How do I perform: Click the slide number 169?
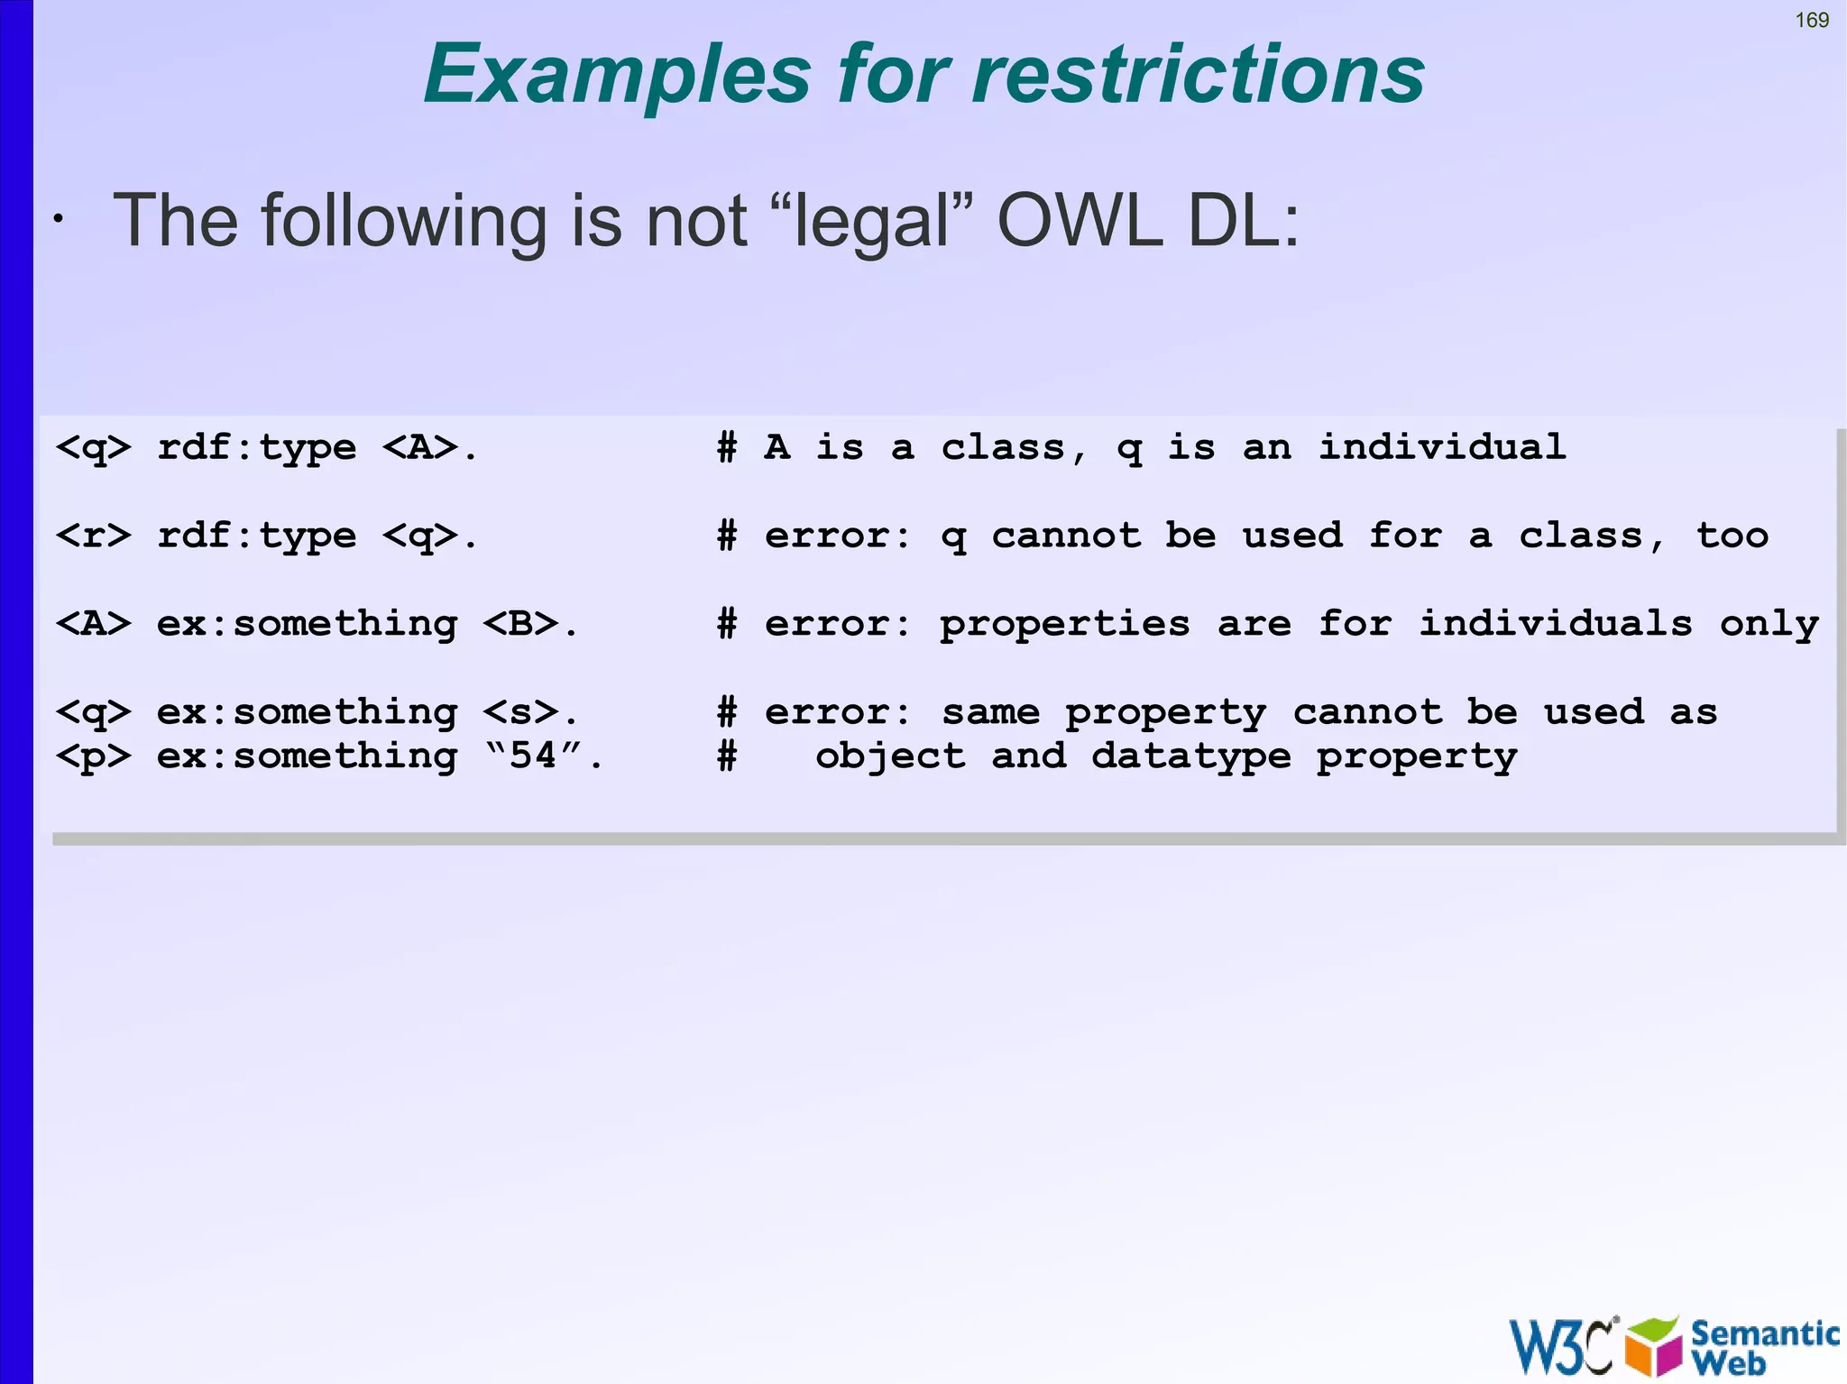pyautogui.click(x=1811, y=21)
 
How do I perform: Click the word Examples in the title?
pyautogui.click(x=618, y=76)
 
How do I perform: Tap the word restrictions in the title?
pyautogui.click(x=1199, y=74)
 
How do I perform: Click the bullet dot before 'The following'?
pyautogui.click(x=58, y=219)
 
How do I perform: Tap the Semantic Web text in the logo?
pyautogui.click(x=1764, y=1346)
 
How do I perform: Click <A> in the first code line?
pyautogui.click(x=420, y=447)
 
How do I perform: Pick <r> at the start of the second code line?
pyautogui.click(x=93, y=536)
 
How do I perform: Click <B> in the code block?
pyautogui.click(x=520, y=623)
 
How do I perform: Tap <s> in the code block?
pyautogui.click(x=520, y=712)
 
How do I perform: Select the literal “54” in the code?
pyautogui.click(x=533, y=755)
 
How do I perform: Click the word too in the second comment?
pyautogui.click(x=1732, y=536)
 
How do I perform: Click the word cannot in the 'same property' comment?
pyautogui.click(x=1367, y=712)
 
